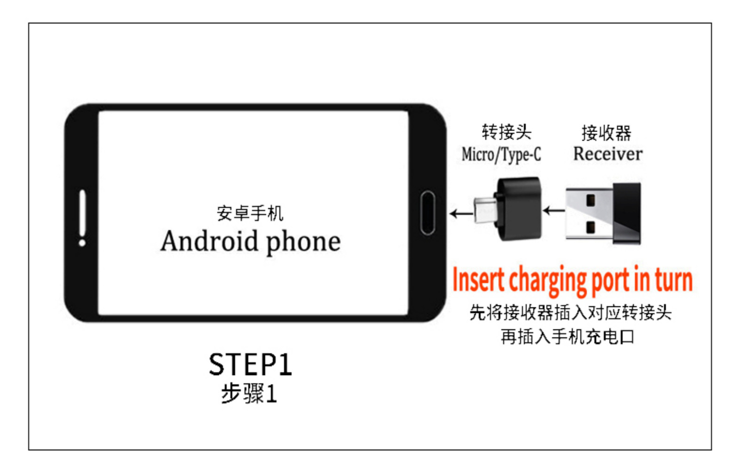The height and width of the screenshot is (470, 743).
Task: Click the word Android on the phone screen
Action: pyautogui.click(x=209, y=241)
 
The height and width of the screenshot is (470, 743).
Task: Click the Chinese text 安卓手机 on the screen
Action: pyautogui.click(x=250, y=213)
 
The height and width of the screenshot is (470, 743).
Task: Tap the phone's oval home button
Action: pyautogui.click(x=427, y=213)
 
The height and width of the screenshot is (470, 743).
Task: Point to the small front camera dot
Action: pyautogui.click(x=82, y=243)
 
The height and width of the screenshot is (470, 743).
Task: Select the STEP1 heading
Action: pyautogui.click(x=250, y=365)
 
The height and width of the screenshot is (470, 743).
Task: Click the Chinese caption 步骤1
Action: pyautogui.click(x=249, y=393)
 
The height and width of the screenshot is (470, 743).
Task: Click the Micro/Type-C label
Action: pyautogui.click(x=501, y=154)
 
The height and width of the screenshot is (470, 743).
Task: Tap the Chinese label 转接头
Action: pyautogui.click(x=506, y=132)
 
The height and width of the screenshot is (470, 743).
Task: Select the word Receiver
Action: pyautogui.click(x=608, y=154)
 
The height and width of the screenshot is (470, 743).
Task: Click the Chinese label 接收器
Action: pyautogui.click(x=606, y=133)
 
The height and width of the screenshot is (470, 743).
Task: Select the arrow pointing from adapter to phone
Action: pyautogui.click(x=461, y=214)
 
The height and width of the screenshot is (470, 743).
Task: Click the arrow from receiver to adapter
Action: pyautogui.click(x=553, y=211)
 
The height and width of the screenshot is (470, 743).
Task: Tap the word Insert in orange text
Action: pyautogui.click(x=478, y=280)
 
